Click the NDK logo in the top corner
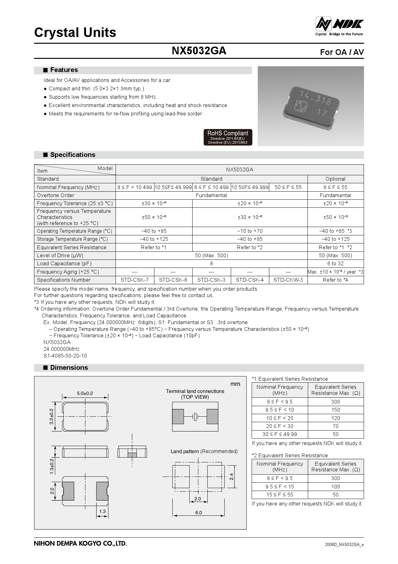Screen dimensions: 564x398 point(339,26)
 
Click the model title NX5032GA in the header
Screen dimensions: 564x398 point(199,51)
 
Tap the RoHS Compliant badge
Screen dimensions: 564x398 point(228,137)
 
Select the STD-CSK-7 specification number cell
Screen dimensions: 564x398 point(134,280)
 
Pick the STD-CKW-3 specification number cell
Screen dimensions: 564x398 point(288,280)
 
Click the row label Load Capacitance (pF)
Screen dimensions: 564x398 point(64,264)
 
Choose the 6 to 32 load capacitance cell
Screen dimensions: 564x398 point(335,264)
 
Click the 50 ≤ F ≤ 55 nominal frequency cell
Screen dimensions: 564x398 point(288,187)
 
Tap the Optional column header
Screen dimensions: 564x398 point(335,179)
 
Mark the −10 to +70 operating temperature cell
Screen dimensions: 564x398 point(250,231)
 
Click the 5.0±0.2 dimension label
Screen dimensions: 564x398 point(85,393)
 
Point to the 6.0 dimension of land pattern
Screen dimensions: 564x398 point(198,513)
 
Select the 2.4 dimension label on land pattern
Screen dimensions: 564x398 point(231,477)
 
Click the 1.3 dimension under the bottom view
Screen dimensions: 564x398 point(102,511)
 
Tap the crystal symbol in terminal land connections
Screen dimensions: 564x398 point(195,417)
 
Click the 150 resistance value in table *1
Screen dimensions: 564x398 point(335,410)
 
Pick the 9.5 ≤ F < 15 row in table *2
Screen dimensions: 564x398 point(280,487)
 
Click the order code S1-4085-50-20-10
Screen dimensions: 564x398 point(65,356)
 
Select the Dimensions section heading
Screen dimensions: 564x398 point(69,368)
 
